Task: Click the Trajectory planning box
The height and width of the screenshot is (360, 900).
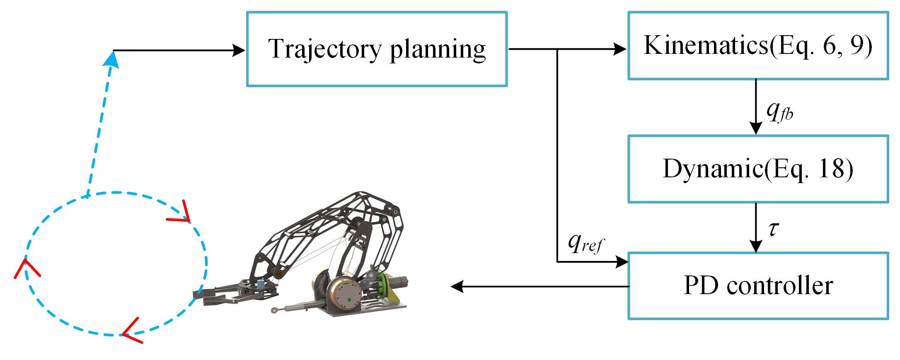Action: [x=377, y=49]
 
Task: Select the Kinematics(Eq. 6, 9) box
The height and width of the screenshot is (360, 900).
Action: [x=758, y=46]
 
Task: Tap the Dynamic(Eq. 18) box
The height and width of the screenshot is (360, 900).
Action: [x=758, y=169]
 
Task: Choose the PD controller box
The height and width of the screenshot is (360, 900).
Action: [x=758, y=286]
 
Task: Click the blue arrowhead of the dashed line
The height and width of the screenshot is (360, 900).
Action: [x=111, y=59]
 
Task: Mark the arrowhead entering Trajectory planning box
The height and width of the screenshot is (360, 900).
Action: [x=239, y=51]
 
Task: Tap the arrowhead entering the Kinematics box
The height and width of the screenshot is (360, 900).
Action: [x=620, y=49]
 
